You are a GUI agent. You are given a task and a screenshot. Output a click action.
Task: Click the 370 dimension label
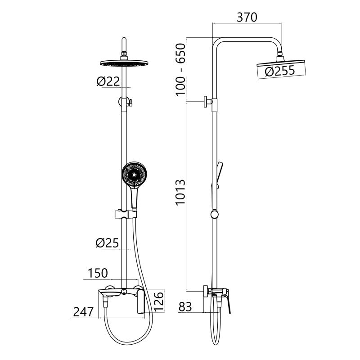coord(247,18)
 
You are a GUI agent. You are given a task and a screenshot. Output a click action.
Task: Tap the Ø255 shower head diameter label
coord(279,71)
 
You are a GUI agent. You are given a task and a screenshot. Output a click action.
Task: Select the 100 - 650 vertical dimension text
coord(181,69)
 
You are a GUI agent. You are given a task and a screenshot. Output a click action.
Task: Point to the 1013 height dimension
coord(181,193)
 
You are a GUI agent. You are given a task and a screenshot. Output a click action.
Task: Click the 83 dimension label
coord(185,307)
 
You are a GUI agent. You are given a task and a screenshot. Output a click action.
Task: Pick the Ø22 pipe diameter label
coord(108,81)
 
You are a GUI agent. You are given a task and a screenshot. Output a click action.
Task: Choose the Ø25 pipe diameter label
coord(108,243)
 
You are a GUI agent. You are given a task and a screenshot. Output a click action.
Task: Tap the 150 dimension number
coord(98,273)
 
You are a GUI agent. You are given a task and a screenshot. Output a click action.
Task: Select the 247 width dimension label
coord(83,312)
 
